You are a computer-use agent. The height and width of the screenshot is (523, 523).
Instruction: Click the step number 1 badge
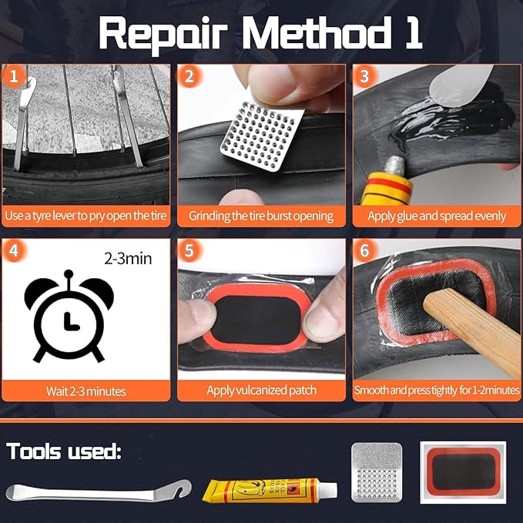tap(13, 76)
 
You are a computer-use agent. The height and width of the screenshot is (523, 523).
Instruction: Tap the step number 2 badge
tap(189, 76)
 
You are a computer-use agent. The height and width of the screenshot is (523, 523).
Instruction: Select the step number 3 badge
tap(364, 76)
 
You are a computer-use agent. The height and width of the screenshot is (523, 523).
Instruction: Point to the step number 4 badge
tap(13, 251)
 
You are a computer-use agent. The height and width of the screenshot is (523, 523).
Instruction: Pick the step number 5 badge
tap(189, 251)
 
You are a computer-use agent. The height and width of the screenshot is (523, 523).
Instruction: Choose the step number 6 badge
tap(364, 251)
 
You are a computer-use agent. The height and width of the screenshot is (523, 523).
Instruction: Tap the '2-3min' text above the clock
tap(127, 258)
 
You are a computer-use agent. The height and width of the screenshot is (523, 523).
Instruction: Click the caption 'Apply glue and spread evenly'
tap(437, 216)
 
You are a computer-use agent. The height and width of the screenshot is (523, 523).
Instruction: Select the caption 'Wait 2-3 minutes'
tap(85, 391)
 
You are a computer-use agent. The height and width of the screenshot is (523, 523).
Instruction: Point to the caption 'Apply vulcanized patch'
tap(261, 391)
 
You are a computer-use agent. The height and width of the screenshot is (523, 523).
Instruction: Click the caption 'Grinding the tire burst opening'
tap(261, 216)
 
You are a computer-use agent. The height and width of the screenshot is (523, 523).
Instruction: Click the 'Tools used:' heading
tap(64, 451)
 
